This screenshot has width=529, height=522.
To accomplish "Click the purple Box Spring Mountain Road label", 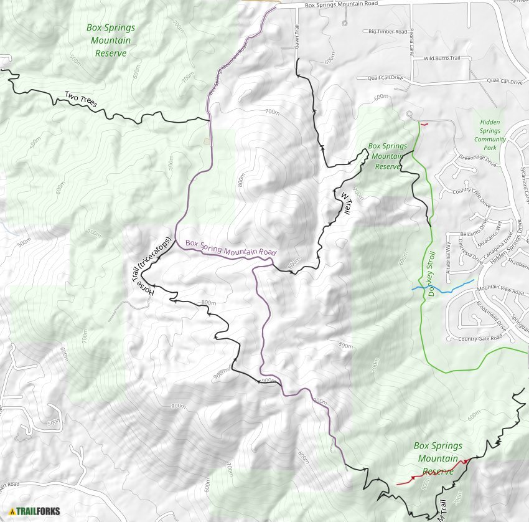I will click(230, 249).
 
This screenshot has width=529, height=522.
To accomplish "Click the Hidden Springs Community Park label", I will click(490, 135).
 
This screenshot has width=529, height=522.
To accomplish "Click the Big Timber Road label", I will click(387, 31).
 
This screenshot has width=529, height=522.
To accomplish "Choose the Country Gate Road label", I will click(479, 338).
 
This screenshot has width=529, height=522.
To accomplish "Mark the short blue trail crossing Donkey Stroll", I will click(442, 288).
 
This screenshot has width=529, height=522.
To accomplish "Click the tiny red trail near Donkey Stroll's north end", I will click(424, 124).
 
